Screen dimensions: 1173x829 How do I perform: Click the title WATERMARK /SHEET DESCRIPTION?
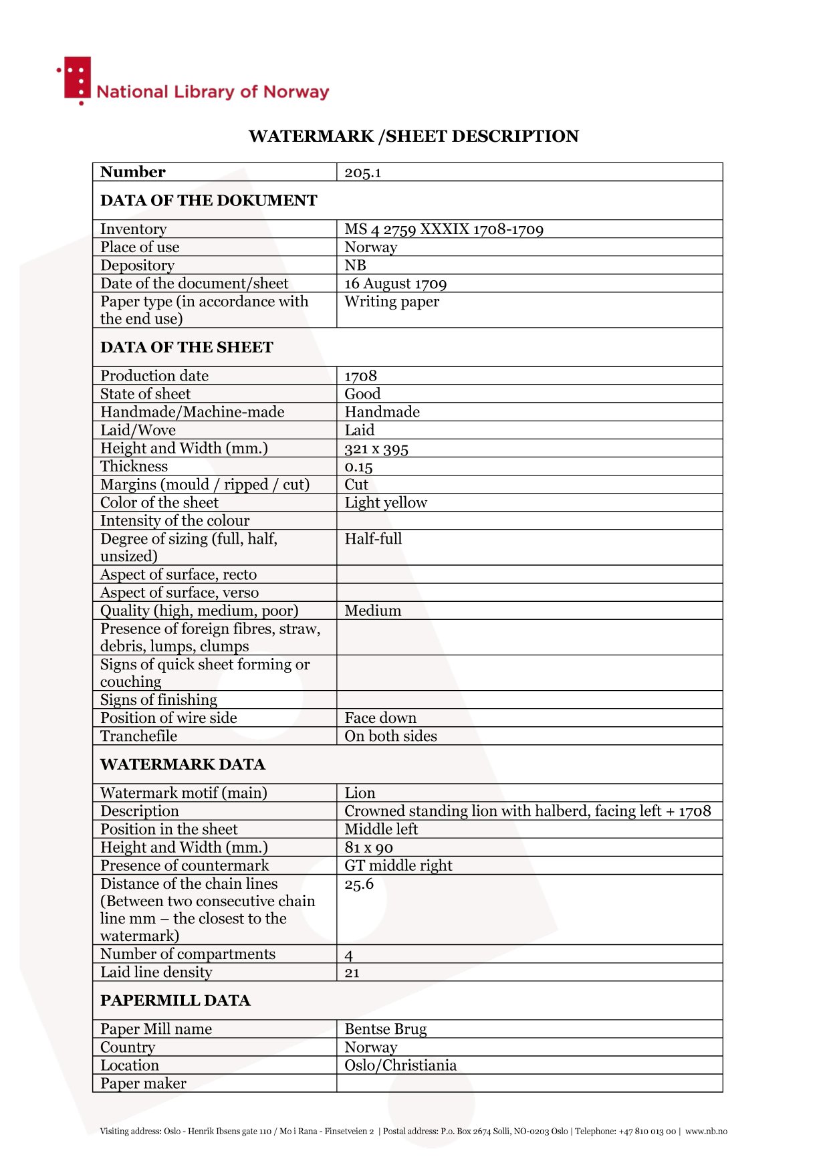pos(413,136)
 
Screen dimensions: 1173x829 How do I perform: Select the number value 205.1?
pos(362,173)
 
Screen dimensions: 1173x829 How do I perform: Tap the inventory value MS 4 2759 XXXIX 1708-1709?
pos(443,229)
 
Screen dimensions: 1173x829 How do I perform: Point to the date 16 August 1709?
pos(395,284)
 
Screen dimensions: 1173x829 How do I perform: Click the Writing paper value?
pos(392,302)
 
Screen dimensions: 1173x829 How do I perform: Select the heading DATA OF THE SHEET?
pos(187,347)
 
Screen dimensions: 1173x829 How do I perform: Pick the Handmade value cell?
pos(382,412)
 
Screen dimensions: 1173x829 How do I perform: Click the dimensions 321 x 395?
pos(376,449)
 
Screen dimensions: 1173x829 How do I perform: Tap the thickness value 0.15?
pos(358,467)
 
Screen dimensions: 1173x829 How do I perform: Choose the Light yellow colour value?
pos(385,503)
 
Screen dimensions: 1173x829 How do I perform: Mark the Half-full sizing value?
pos(373,539)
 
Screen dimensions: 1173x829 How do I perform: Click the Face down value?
pos(380,718)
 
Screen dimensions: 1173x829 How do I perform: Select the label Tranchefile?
pos(138,736)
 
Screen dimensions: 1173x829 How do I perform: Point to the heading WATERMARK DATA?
pos(183,764)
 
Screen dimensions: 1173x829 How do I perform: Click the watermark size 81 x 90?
pos(368,848)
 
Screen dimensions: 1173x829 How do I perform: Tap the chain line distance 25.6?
pos(359,884)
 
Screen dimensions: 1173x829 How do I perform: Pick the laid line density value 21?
pos(352,973)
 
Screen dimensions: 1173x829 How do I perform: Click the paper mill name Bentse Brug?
pos(385,1029)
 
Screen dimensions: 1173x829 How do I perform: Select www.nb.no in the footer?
pos(706,1132)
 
